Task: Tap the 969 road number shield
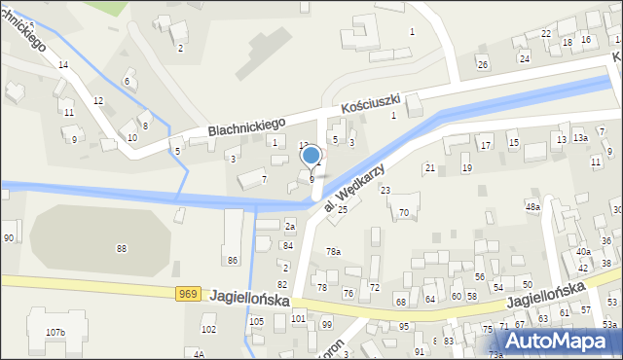189,294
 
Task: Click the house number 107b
55,333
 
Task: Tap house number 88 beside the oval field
122,249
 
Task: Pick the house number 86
232,261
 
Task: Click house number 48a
532,207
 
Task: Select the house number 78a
333,252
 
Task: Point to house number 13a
580,138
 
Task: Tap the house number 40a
583,252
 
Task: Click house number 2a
289,226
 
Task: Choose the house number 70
403,212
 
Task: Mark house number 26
482,64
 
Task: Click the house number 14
63,65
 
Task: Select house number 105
256,321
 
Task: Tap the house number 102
208,330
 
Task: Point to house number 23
385,190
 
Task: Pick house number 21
429,168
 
